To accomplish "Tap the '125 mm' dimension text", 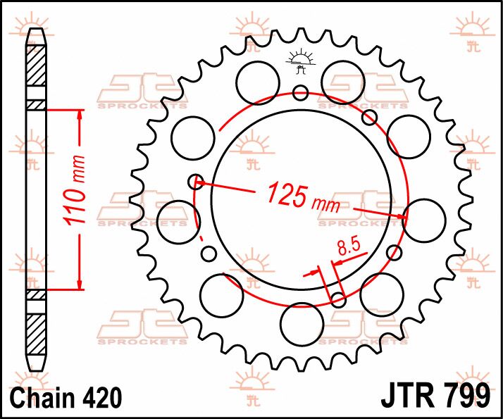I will point(303,196).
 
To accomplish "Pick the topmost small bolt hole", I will point(301,92).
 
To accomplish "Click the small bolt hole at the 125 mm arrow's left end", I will point(196,182).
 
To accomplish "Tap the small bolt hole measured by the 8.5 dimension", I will point(338,301).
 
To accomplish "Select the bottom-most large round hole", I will point(302,325).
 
